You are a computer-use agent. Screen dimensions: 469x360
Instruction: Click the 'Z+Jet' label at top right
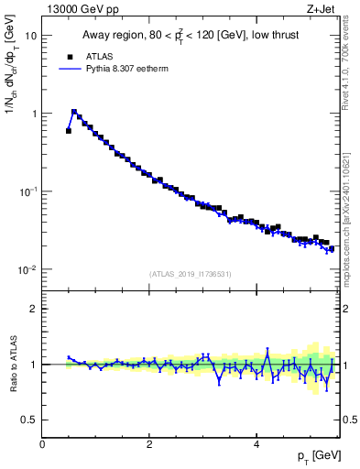324,10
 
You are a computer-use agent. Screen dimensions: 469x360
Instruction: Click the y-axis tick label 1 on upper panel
34,114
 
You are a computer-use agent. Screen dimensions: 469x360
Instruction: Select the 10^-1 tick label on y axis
28,191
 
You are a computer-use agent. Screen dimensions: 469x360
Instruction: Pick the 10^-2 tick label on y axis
28,269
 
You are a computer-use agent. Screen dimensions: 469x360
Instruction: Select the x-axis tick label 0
42,444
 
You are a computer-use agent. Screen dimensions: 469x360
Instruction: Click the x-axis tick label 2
149,444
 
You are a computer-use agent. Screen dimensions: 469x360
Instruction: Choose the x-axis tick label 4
256,444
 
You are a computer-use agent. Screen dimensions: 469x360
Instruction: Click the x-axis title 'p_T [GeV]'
316,456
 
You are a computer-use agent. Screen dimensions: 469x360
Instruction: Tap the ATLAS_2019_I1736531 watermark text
191,274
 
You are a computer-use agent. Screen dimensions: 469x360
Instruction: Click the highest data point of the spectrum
74,112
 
